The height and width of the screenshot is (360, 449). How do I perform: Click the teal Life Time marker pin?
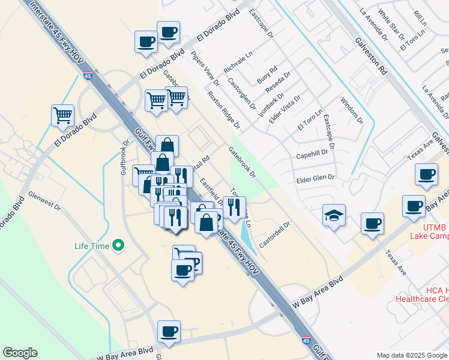pyautogui.click(x=118, y=245)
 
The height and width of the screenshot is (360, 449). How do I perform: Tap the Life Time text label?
pyautogui.click(x=92, y=245)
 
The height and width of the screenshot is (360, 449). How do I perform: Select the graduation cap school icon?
pyautogui.click(x=334, y=215)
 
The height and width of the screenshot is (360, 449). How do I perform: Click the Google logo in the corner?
pyautogui.click(x=20, y=353)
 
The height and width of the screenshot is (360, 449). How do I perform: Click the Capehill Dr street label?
pyautogui.click(x=315, y=155)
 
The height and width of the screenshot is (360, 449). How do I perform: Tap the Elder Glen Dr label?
pyautogui.click(x=315, y=178)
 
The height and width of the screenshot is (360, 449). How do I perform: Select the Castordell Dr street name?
pyautogui.click(x=275, y=235)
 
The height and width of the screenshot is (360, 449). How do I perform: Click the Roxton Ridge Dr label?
pyautogui.click(x=224, y=110)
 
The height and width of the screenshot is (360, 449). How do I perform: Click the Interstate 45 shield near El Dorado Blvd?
pyautogui.click(x=88, y=76)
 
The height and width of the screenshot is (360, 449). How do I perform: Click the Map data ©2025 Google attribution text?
pyautogui.click(x=411, y=355)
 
